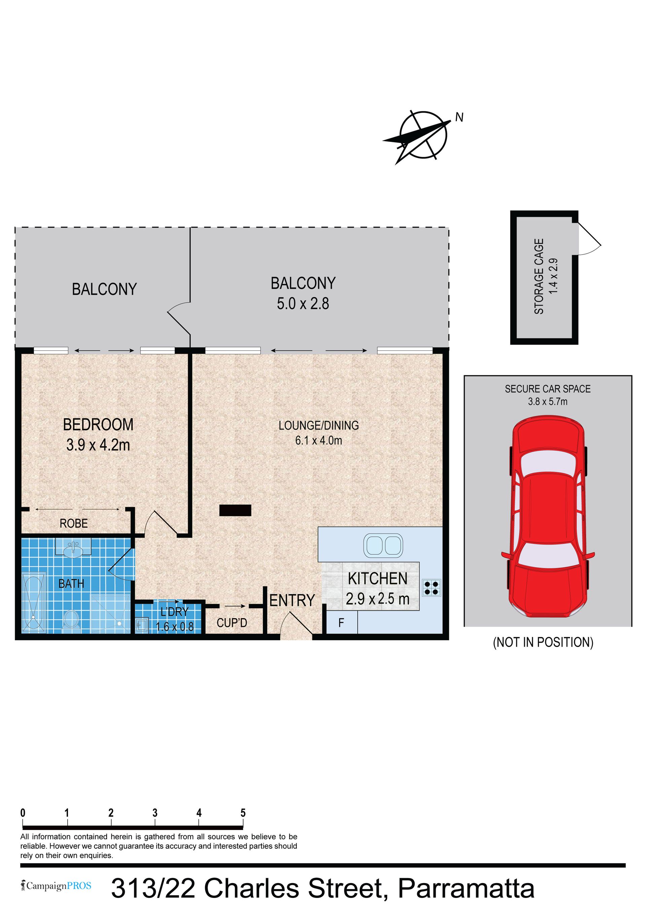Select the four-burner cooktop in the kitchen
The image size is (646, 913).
[x=431, y=588]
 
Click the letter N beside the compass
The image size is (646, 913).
[x=460, y=117]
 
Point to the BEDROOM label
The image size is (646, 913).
[x=98, y=425]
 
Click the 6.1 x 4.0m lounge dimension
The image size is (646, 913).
[x=319, y=441]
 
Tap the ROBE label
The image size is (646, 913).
[x=74, y=523]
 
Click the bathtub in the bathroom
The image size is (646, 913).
[x=34, y=602]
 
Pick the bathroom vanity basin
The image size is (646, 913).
[x=73, y=548]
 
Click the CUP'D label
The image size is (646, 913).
[x=232, y=623]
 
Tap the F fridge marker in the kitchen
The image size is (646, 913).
[x=341, y=623]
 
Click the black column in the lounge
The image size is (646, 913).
[x=236, y=510]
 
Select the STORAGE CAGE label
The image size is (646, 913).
[x=539, y=276]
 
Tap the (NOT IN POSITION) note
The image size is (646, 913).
[x=543, y=642]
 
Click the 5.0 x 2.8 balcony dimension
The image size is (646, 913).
[x=303, y=303]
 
